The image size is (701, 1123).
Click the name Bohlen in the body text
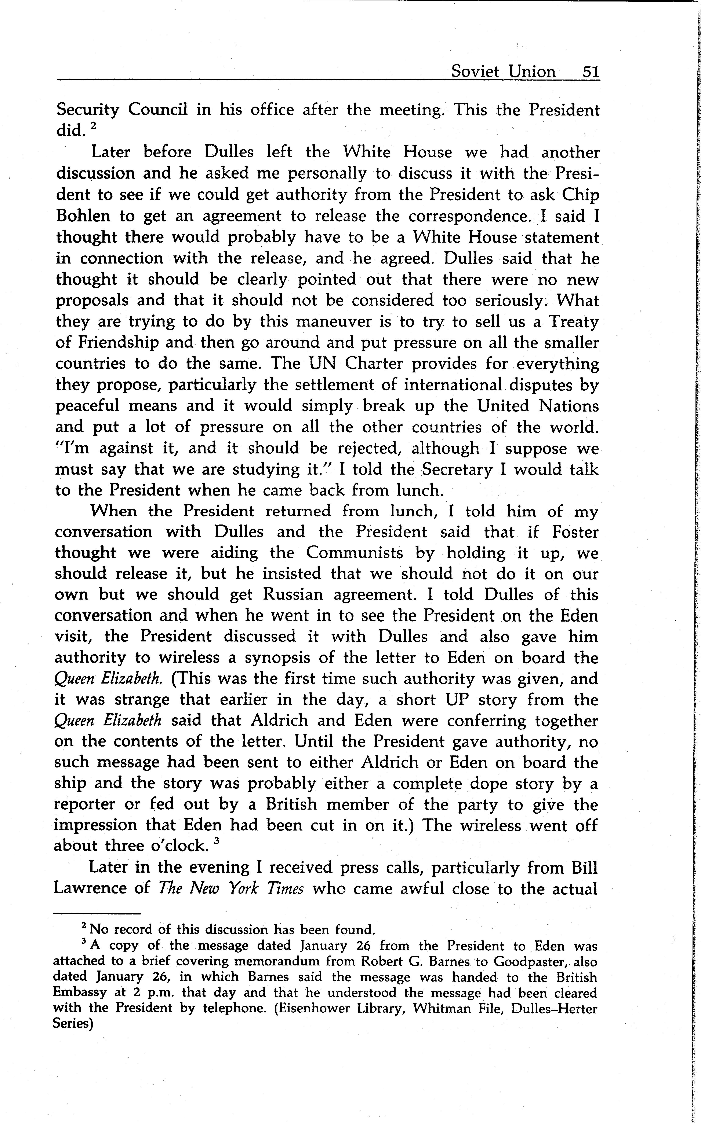pyautogui.click(x=84, y=216)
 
